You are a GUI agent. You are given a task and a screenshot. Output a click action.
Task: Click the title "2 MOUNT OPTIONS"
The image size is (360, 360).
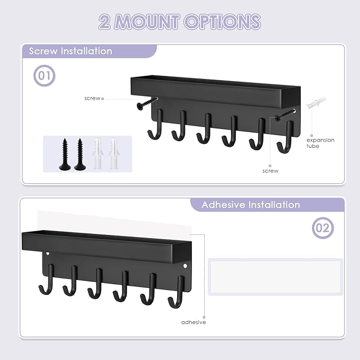[x=180, y=22]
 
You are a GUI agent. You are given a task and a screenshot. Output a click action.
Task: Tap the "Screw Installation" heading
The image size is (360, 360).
[x=71, y=51]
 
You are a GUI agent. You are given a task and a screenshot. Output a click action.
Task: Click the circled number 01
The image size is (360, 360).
[x=45, y=76]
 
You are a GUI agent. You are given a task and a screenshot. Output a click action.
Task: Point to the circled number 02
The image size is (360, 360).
[x=323, y=229]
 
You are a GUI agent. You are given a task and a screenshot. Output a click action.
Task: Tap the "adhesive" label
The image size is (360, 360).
[x=194, y=322]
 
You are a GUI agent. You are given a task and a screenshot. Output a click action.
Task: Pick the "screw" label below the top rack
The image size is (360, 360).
[x=270, y=171]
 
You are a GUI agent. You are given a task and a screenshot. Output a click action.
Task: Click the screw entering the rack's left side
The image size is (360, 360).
[x=147, y=103]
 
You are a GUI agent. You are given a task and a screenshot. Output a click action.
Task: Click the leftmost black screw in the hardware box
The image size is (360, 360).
[x=64, y=154]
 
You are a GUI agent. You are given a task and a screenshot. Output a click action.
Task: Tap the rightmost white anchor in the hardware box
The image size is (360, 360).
[x=112, y=153]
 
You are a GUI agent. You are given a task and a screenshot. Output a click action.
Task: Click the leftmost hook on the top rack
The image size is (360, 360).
[x=155, y=127]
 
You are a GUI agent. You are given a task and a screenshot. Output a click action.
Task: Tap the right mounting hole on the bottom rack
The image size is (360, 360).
[x=185, y=266]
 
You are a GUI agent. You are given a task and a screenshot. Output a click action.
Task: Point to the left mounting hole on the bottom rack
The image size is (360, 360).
[x=47, y=254]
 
